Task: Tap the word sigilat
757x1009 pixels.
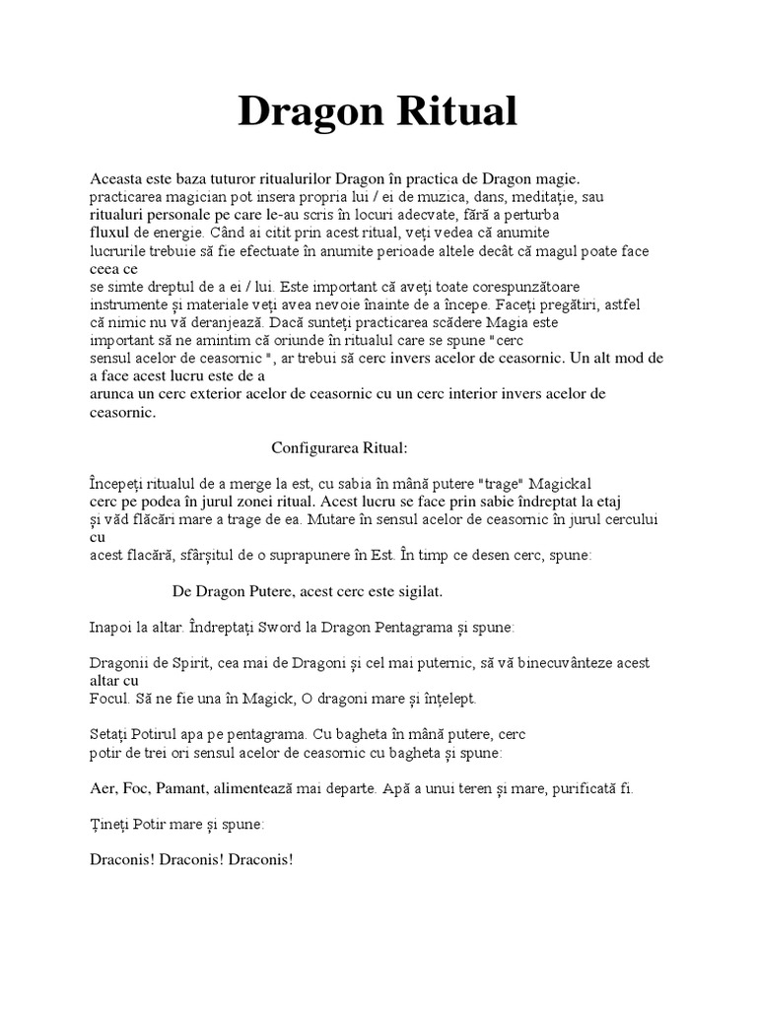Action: point(414,591)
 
